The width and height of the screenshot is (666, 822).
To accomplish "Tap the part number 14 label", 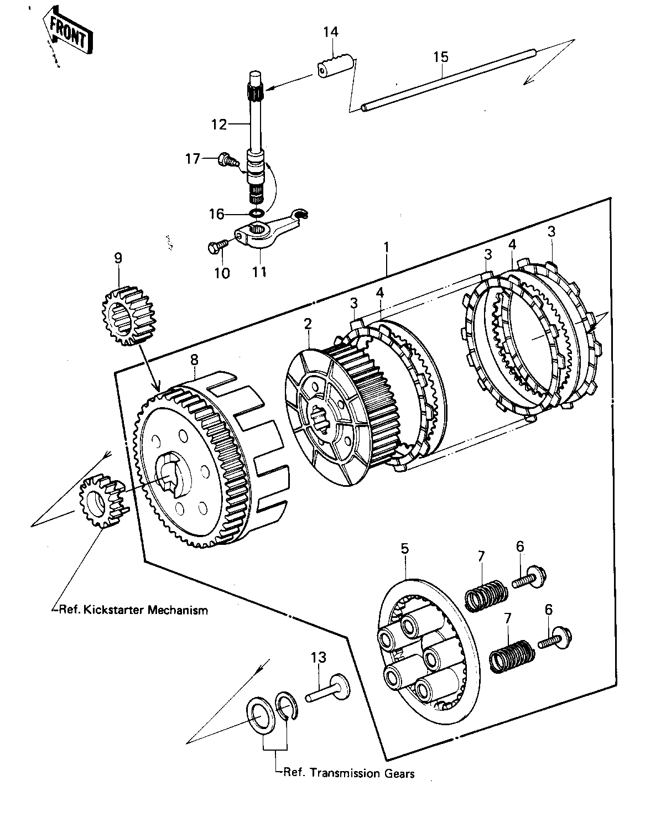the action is pyautogui.click(x=331, y=32).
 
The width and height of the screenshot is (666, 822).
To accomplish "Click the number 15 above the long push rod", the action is pyautogui.click(x=441, y=57).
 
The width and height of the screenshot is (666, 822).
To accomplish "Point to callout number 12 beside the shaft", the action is pyautogui.click(x=219, y=124).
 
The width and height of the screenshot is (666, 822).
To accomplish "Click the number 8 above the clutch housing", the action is pyautogui.click(x=194, y=360).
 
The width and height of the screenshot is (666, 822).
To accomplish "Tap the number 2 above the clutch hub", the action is pyautogui.click(x=308, y=324).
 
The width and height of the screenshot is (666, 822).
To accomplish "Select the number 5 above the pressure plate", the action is pyautogui.click(x=404, y=548).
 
